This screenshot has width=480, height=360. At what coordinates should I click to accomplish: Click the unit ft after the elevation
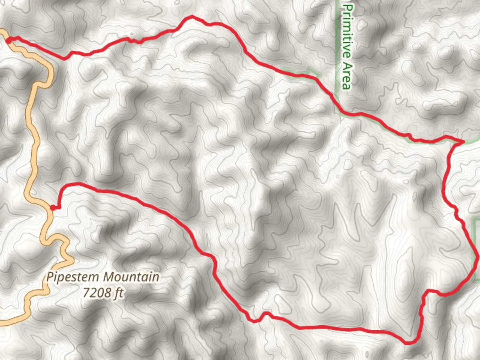coord(118,293)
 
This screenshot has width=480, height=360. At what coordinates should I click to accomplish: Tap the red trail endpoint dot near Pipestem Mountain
coord(53,208)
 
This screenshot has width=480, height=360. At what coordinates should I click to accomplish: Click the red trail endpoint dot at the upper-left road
coord(9,40)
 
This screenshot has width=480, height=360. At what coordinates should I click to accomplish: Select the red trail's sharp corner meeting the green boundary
coord(463,142)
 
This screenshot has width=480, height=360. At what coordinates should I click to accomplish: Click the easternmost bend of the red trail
coord(477,257)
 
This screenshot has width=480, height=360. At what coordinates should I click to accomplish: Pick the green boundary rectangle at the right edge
coord(477,250)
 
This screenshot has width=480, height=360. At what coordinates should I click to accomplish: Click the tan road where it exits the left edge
coord(2,323)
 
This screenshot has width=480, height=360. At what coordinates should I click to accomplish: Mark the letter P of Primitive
coord(348,8)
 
